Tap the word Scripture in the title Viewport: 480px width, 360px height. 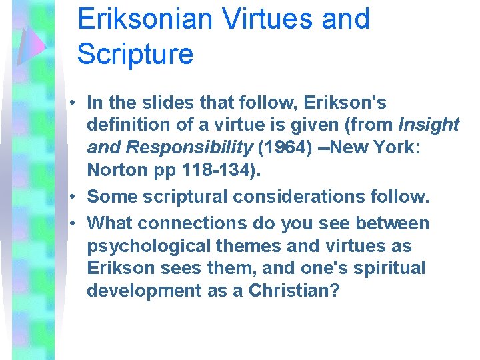135,53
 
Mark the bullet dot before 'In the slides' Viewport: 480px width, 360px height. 79,103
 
